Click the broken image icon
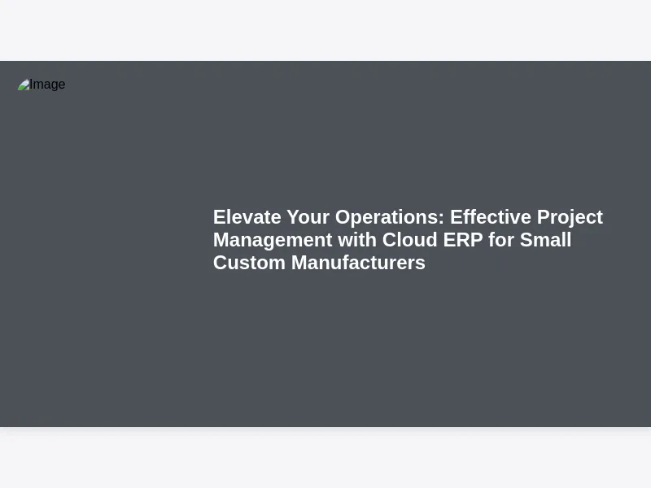point(24,85)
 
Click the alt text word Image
point(47,85)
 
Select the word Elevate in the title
point(247,217)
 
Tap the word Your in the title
point(308,217)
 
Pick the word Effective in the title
point(491,217)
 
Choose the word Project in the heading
point(570,218)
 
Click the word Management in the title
point(273,241)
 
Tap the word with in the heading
point(357,240)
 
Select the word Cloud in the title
point(410,240)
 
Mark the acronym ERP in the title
point(463,240)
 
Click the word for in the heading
point(501,240)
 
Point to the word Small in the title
point(545,240)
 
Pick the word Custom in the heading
point(249,263)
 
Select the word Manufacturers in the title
point(358,263)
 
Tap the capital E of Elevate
point(219,217)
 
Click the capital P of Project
point(544,217)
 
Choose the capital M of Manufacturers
point(299,263)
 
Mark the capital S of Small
point(526,240)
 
